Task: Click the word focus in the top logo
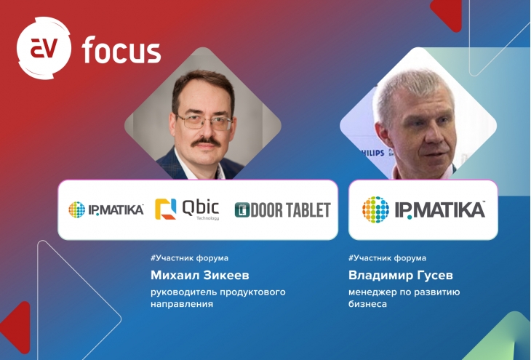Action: click(x=121, y=50)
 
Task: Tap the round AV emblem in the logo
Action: click(x=44, y=48)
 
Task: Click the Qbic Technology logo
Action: click(x=187, y=209)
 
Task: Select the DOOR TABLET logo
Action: click(x=282, y=210)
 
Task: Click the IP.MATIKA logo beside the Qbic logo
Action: click(x=106, y=209)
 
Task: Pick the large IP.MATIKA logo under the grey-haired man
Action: click(x=423, y=209)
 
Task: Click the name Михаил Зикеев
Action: click(x=200, y=276)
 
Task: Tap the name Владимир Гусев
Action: click(x=401, y=276)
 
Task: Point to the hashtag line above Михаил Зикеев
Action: click(x=189, y=258)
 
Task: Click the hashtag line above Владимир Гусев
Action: click(x=387, y=258)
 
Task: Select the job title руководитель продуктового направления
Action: click(x=218, y=297)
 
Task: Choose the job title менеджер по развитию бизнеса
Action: click(x=404, y=297)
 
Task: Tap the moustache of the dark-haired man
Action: click(x=206, y=142)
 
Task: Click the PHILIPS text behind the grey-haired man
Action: click(x=372, y=153)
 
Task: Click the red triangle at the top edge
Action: click(x=447, y=15)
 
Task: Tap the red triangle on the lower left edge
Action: click(x=17, y=327)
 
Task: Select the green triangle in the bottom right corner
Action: click(x=501, y=339)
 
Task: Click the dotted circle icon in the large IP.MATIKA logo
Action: click(x=375, y=209)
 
